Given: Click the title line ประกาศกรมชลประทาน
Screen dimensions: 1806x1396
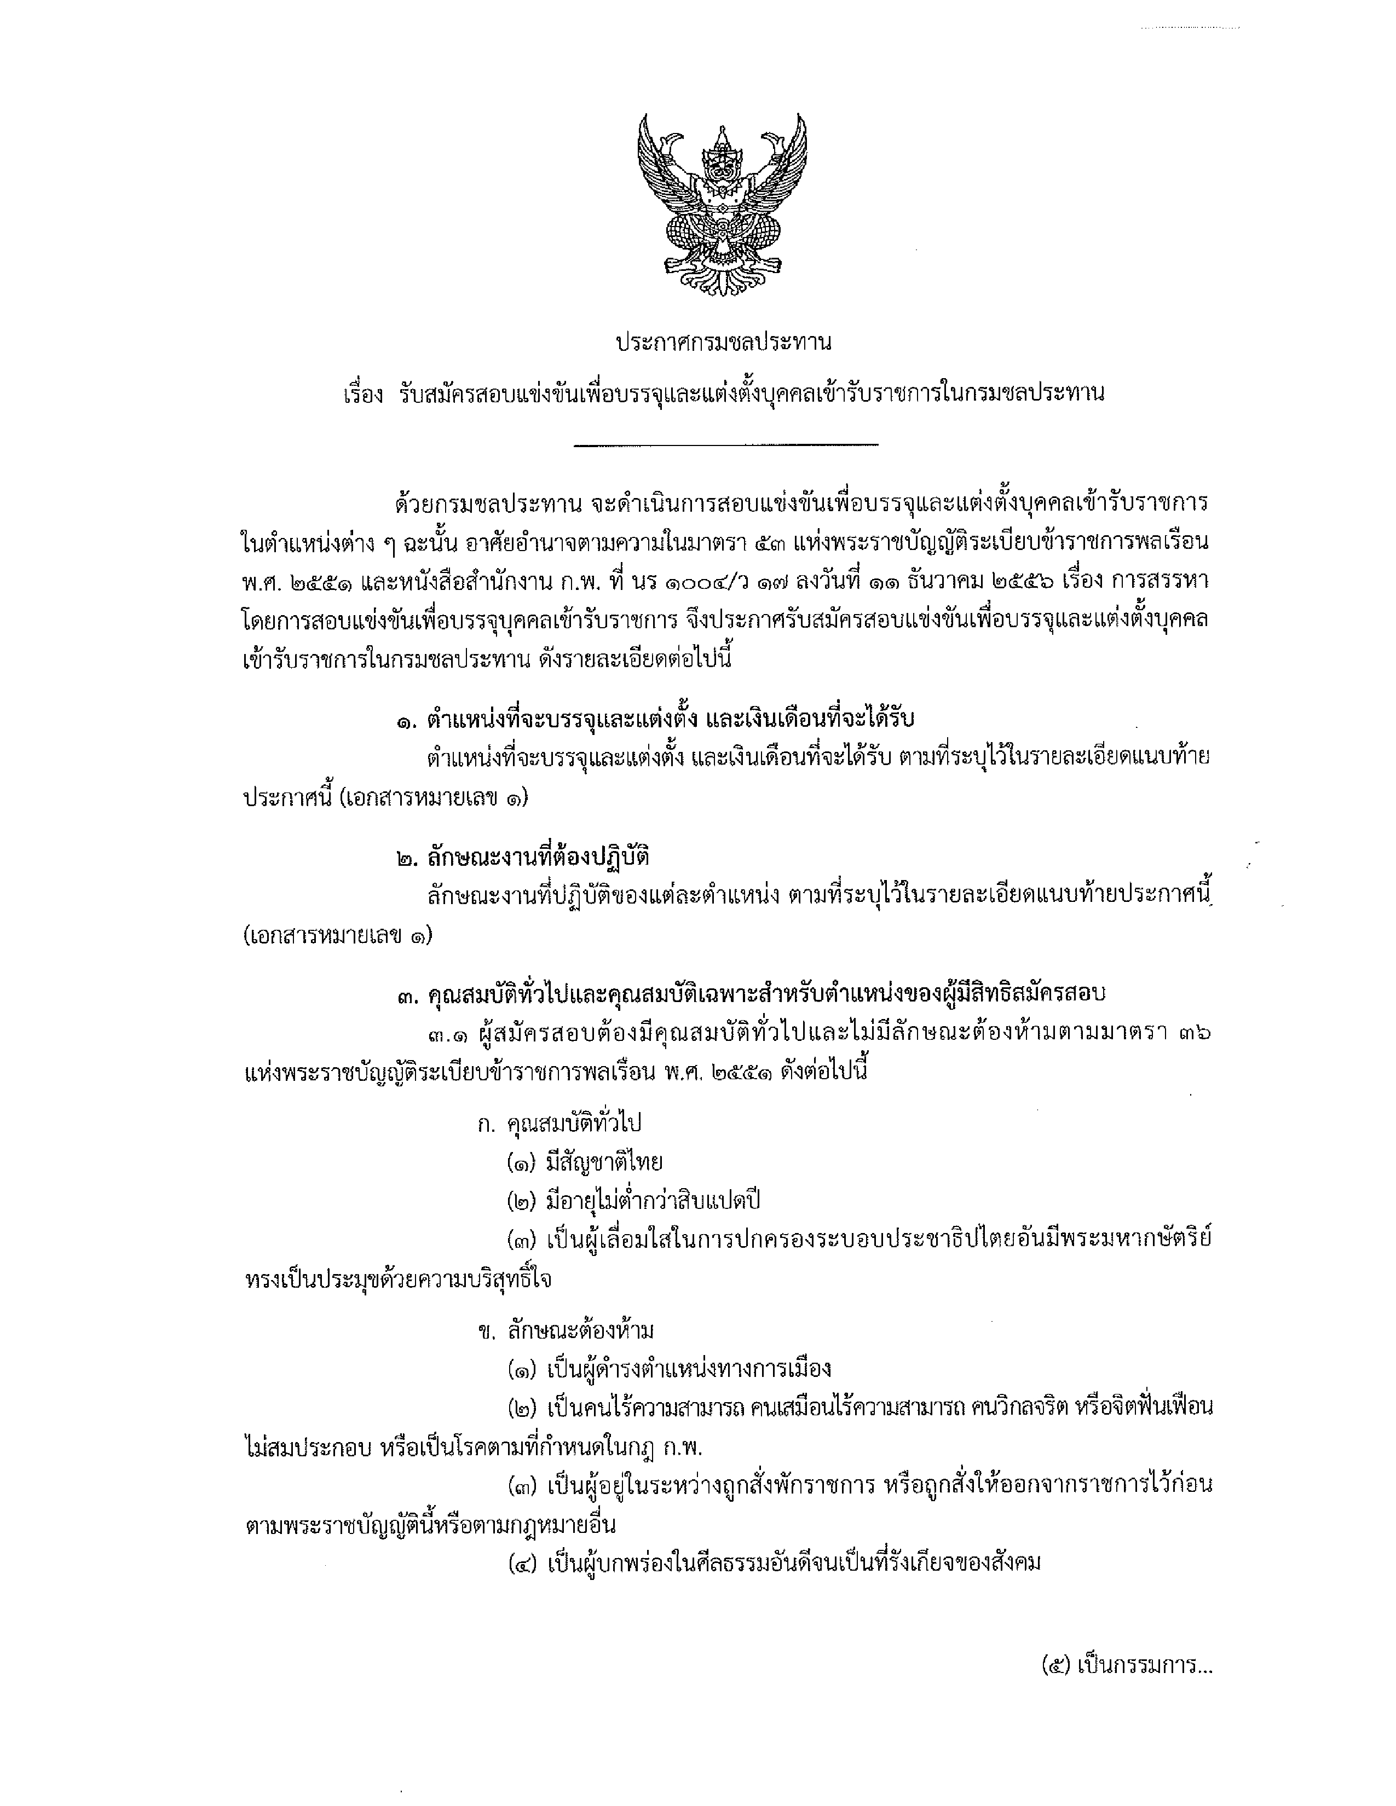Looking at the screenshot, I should [723, 341].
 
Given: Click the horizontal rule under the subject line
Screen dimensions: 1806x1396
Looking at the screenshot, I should [725, 445].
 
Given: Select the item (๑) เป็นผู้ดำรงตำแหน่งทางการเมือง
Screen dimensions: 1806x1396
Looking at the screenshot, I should [669, 1369].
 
